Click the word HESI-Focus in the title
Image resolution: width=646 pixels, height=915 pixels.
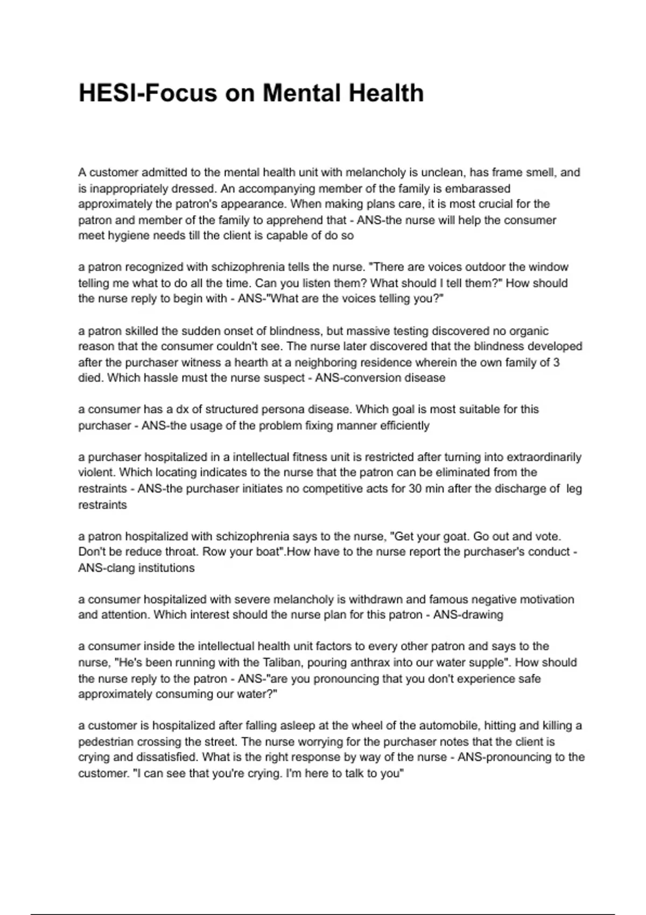pyautogui.click(x=148, y=93)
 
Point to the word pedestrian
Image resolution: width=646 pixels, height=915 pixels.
pyautogui.click(x=106, y=742)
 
